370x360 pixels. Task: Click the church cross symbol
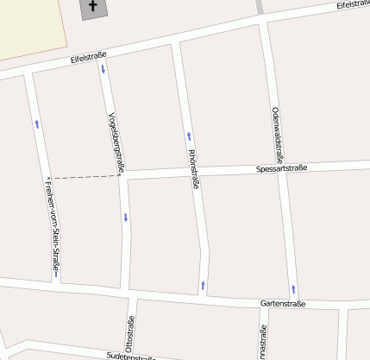(92, 8)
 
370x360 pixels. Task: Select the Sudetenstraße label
(129, 356)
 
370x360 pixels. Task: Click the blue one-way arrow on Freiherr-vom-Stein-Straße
(37, 123)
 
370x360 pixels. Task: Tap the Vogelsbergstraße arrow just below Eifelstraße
(103, 68)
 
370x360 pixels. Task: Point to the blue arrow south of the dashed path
(126, 217)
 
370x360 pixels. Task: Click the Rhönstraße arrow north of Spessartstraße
(188, 136)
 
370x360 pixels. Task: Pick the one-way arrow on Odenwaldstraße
(293, 288)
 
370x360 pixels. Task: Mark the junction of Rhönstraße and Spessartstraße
(196, 174)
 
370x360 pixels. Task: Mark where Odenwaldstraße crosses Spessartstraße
(283, 167)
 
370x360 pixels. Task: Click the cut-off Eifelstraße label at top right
(354, 4)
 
